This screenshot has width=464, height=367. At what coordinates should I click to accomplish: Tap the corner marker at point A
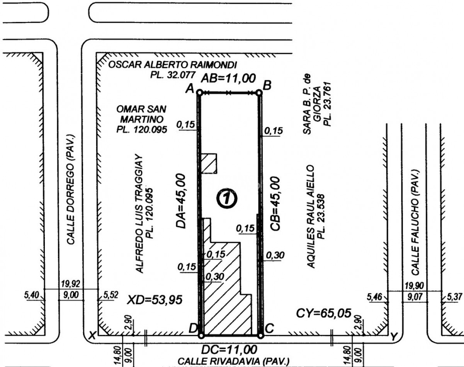pyautogui.click(x=199, y=92)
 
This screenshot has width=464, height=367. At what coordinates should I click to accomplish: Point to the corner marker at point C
pyautogui.click(x=260, y=335)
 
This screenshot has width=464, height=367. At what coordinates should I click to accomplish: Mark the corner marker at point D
pyautogui.click(x=201, y=335)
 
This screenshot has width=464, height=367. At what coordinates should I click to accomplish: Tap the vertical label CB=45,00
pyautogui.click(x=275, y=204)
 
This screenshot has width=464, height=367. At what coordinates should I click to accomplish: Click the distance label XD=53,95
pyautogui.click(x=155, y=300)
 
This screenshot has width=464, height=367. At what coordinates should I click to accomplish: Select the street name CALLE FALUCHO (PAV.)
pyautogui.click(x=416, y=222)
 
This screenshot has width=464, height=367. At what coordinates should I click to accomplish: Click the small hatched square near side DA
pyautogui.click(x=209, y=163)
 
